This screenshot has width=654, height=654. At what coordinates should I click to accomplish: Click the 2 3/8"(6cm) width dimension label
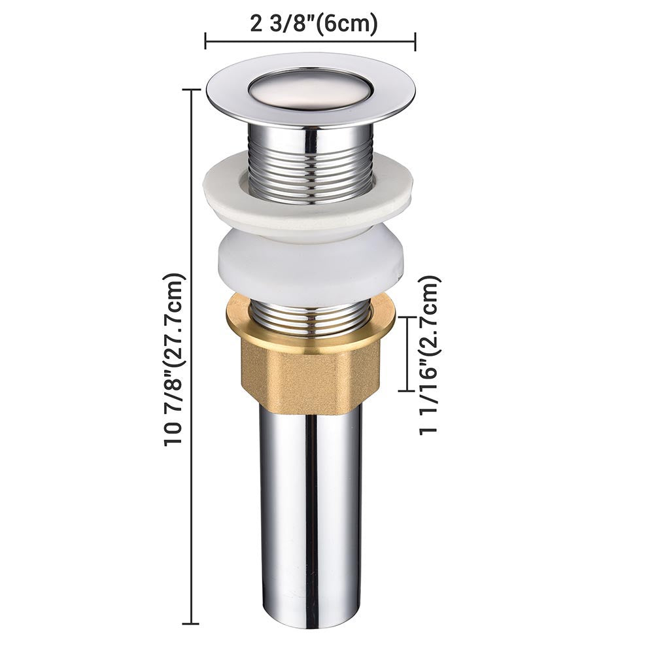coord(314,24)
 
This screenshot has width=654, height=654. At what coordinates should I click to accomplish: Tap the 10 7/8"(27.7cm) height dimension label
coord(174,360)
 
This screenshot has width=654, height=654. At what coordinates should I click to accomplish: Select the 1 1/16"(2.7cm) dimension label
coord(429,355)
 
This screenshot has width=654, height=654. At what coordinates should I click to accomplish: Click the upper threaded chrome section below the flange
coord(311,163)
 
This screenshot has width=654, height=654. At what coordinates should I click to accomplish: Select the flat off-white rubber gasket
coord(308,197)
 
